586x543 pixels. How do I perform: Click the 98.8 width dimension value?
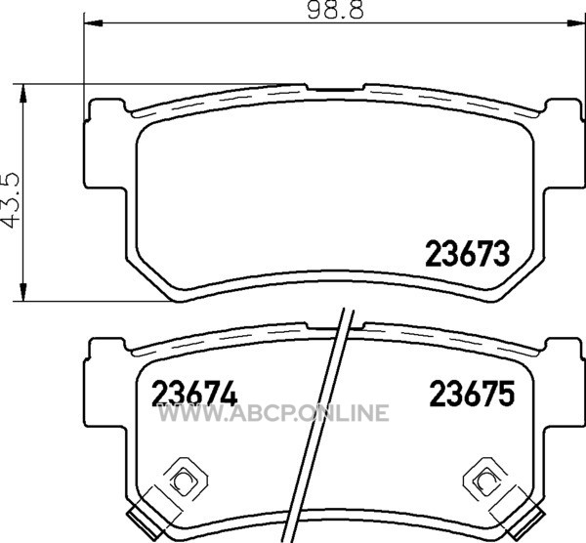point(335,10)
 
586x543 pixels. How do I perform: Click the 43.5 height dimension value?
point(10,200)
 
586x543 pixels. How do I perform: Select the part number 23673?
point(468,254)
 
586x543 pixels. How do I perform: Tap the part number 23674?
point(194,394)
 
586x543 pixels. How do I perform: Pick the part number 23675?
point(472,394)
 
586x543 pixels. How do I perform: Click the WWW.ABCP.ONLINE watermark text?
point(273,413)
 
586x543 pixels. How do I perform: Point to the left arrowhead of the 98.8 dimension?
point(93,23)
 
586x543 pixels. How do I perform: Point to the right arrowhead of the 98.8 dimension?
point(575,23)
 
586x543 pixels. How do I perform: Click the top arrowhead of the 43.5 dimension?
point(23,93)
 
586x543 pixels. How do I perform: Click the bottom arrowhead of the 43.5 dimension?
point(23,291)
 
